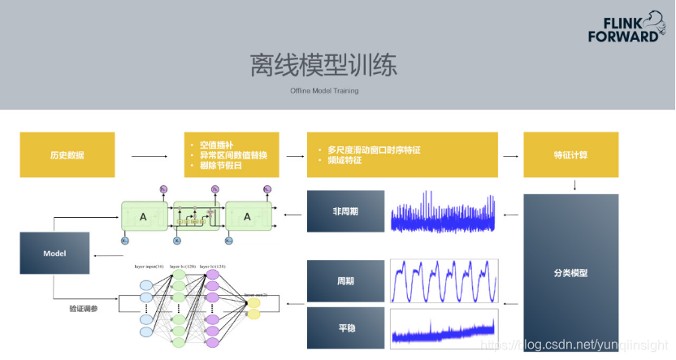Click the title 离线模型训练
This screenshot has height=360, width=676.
coord(324,65)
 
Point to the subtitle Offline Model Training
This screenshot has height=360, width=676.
coord(324,91)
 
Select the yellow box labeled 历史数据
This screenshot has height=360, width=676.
coord(67,154)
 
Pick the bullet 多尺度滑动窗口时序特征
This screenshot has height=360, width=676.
coord(374,150)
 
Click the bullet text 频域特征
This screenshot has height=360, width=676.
coord(344,161)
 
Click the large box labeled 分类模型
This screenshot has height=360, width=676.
coord(570,273)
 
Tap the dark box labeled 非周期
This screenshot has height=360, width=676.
coord(345,210)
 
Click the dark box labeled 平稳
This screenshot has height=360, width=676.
coord(345,327)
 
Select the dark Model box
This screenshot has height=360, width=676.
coord(54,254)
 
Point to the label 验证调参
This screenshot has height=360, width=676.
coord(83,309)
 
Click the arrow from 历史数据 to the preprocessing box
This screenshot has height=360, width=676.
coord(146,154)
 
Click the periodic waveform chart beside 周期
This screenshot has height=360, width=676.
coord(444,280)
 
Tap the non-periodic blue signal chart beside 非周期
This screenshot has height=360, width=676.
coord(444,212)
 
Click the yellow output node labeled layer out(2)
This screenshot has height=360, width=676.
coord(253,307)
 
